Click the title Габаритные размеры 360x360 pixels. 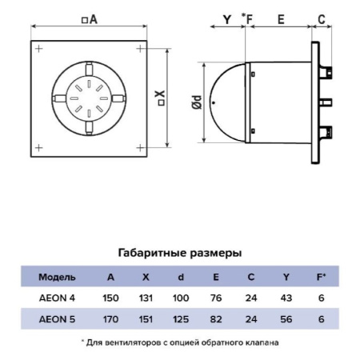click(x=179, y=253)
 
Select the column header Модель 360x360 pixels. click(x=57, y=277)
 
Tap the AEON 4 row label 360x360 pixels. click(x=57, y=298)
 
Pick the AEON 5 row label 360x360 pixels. click(x=57, y=319)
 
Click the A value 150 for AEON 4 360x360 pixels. click(x=110, y=298)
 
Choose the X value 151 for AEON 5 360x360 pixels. click(x=145, y=319)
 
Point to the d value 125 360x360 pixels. click(x=181, y=319)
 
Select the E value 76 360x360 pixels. click(x=216, y=298)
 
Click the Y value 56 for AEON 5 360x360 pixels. click(x=286, y=319)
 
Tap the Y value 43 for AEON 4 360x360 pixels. click(x=286, y=298)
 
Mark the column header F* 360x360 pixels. click(x=321, y=277)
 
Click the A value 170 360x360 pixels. click(x=110, y=319)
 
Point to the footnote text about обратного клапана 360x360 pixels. click(x=179, y=342)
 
